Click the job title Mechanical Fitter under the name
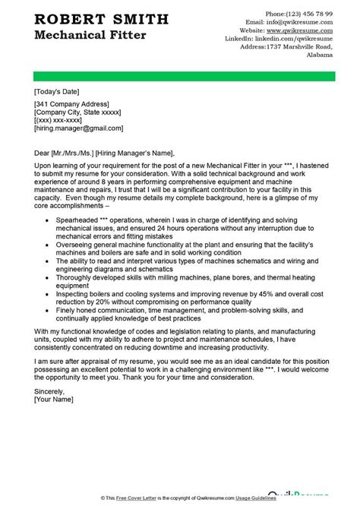point(81,35)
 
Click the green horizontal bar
point(180,75)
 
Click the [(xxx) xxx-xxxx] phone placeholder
point(58,121)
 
